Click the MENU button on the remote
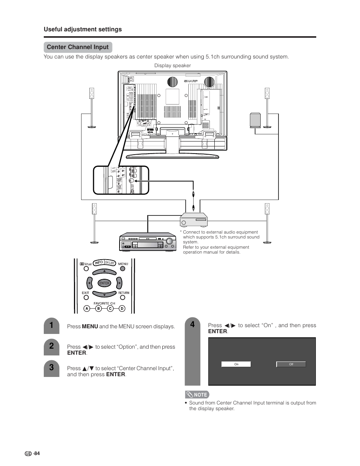[123, 269]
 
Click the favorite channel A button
[86, 308]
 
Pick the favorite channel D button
[122, 308]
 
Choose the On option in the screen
[236, 364]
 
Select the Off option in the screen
[291, 364]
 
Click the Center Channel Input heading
[78, 47]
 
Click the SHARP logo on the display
[191, 81]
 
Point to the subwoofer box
[255, 120]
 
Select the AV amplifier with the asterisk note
[194, 218]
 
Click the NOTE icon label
[197, 395]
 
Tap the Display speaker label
[172, 66]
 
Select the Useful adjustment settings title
[83, 29]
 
